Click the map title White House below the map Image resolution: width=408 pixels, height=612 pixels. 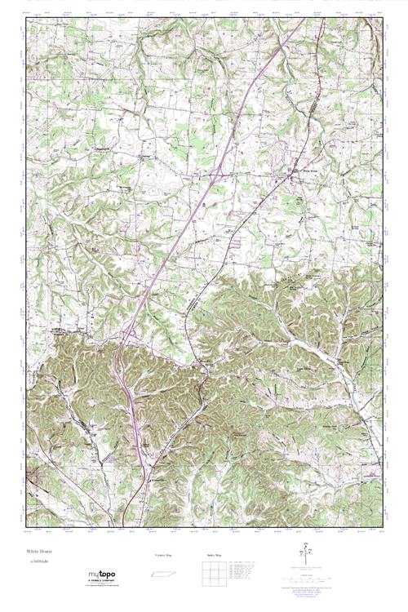(40, 552)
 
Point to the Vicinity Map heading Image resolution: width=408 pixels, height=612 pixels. (163, 556)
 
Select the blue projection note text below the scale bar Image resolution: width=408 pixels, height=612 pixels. (311, 592)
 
